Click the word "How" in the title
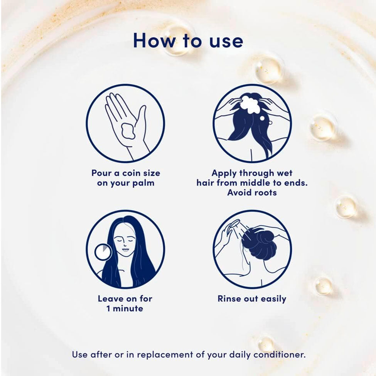[154, 40]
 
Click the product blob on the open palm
[128, 131]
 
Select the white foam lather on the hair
[250, 104]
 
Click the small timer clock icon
[103, 252]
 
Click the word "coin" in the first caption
[131, 173]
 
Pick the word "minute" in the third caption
[128, 309]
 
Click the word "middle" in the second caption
[255, 183]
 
